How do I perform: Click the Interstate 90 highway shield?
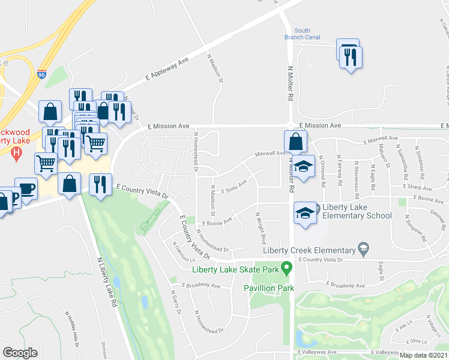pos(41,74)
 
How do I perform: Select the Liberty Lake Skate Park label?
pos(236,269)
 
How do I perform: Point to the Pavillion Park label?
pos(268,288)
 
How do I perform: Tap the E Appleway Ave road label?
pos(167,70)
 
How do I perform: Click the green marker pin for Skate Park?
pos(287,267)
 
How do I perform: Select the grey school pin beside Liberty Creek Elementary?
pos(363,248)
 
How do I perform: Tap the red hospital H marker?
pos(16,154)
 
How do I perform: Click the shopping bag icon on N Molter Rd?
pos(295,142)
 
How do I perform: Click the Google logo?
pos(20,352)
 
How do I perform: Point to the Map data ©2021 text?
pos(424,356)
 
